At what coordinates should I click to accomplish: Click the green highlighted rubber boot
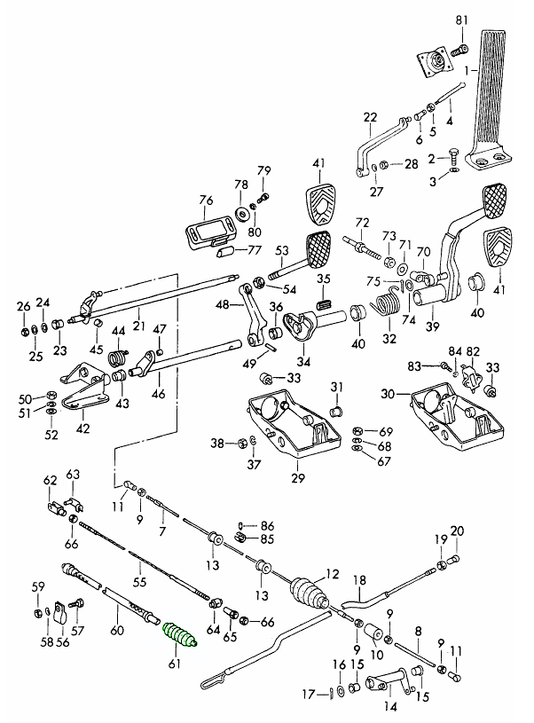tap(182, 636)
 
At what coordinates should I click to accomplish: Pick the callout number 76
tap(205, 200)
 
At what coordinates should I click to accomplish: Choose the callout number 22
tap(370, 115)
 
